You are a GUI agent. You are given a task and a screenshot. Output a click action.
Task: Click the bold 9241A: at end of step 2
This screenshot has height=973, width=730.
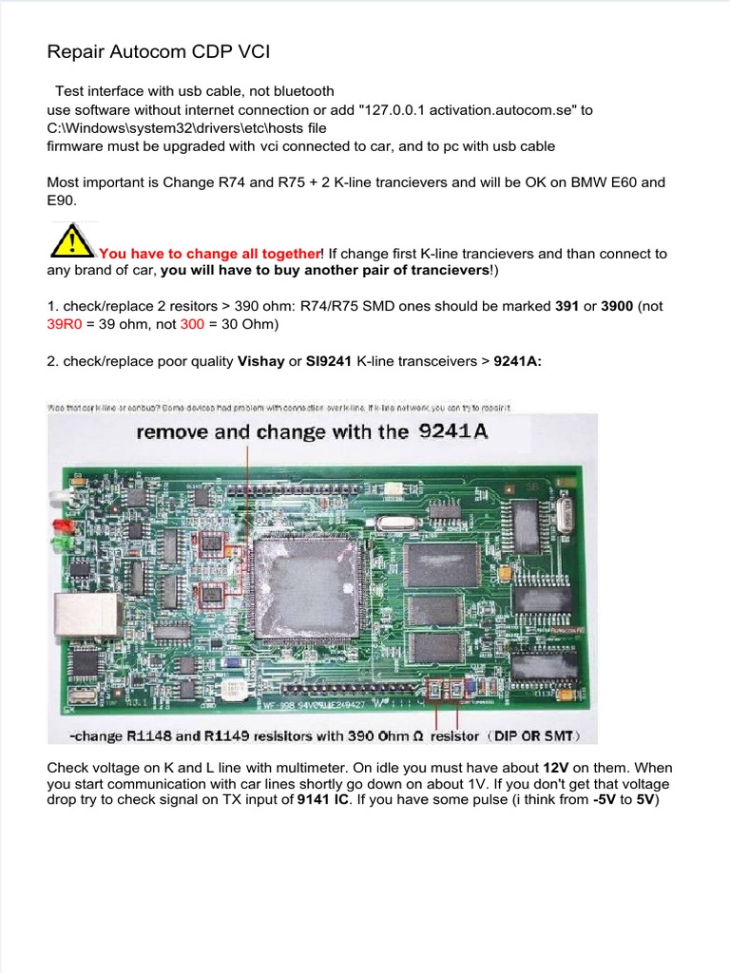point(518,362)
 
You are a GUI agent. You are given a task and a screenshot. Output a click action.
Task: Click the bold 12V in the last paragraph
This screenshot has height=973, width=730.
point(556,767)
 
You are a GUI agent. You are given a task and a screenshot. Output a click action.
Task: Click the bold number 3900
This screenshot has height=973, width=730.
point(618,307)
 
